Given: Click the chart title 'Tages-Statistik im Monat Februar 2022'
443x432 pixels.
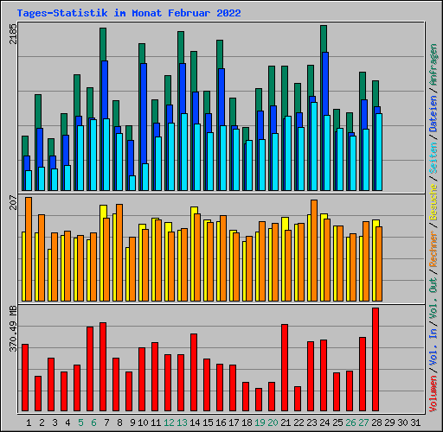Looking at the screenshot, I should (x=129, y=13).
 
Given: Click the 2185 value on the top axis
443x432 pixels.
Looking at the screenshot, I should (x=12, y=35).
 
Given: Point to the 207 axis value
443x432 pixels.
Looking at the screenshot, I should (x=12, y=203).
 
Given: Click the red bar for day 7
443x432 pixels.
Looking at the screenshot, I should (x=103, y=367).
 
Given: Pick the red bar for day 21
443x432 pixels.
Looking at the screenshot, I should (x=285, y=368).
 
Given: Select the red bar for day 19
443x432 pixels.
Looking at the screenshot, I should (x=259, y=400).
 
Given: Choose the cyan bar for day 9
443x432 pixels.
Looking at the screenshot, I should (x=132, y=183).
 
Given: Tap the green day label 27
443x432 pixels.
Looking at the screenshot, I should (x=363, y=422).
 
